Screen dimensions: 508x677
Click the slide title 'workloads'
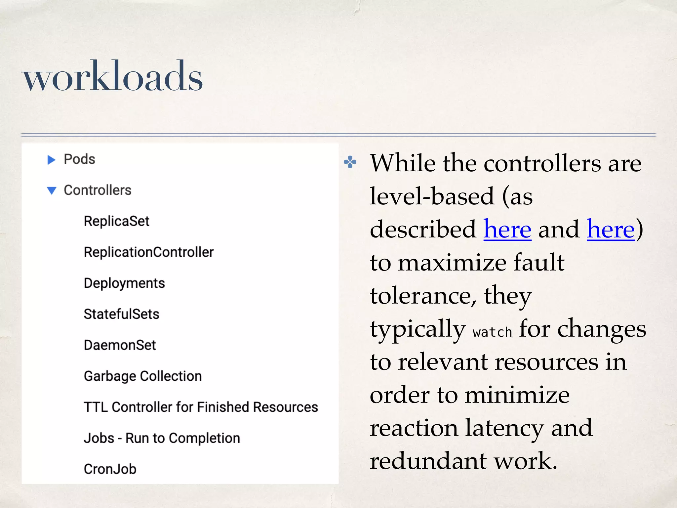click(112, 77)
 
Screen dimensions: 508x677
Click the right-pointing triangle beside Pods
click(51, 160)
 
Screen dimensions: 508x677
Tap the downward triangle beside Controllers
click(52, 190)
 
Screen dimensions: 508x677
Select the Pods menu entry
click(79, 159)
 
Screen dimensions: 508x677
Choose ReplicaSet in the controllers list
click(116, 221)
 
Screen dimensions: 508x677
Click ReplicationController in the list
click(149, 252)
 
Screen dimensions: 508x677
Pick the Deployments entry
click(124, 283)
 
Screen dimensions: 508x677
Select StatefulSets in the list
click(121, 314)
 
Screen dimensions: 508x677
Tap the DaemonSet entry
click(120, 345)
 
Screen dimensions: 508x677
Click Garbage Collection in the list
click(143, 376)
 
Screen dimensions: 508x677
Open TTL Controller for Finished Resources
click(201, 407)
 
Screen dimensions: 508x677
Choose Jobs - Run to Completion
click(162, 438)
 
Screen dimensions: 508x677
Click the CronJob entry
click(110, 469)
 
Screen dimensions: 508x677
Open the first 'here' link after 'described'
click(507, 229)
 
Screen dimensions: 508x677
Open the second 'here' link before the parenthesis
click(611, 229)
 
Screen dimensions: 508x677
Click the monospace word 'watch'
click(492, 332)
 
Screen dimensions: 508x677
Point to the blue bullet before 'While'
click(350, 162)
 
